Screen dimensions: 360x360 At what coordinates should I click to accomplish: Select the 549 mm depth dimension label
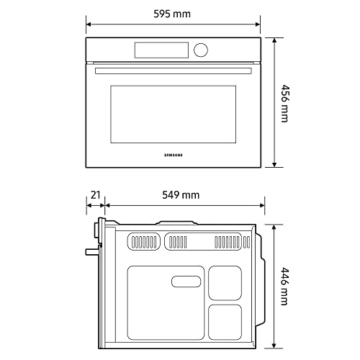click(180, 195)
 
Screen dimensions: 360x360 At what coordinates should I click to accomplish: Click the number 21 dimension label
click(94, 195)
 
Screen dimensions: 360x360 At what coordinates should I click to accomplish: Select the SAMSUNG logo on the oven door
click(173, 153)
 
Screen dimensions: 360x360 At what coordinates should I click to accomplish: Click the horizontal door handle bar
click(173, 70)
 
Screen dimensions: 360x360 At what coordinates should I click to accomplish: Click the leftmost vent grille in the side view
click(144, 241)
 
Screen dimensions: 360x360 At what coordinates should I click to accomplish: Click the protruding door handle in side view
click(90, 252)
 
